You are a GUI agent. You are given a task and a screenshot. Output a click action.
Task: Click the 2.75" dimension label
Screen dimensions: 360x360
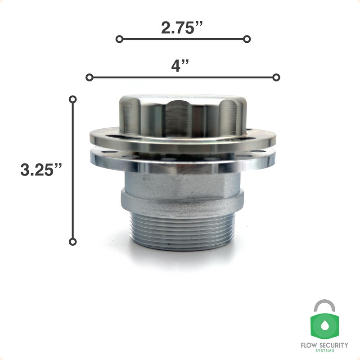click(182, 28)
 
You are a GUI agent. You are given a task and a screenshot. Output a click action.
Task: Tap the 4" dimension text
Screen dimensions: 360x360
click(180, 66)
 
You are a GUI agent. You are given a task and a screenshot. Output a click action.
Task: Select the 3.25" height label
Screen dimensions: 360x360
click(41, 170)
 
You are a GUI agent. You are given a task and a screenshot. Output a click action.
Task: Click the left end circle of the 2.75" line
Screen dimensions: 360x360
click(119, 39)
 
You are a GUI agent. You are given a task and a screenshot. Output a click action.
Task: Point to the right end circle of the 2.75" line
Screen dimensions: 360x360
click(247, 39)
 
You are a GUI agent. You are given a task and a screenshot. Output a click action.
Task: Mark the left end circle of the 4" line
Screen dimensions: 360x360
click(90, 77)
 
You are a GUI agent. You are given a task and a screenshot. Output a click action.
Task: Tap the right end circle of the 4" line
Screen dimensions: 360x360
click(276, 77)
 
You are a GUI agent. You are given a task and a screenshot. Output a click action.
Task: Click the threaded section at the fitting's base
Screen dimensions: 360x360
click(182, 229)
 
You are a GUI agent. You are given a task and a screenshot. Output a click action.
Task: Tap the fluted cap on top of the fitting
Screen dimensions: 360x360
click(182, 112)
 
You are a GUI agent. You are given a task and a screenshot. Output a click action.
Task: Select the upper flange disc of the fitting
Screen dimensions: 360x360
click(182, 140)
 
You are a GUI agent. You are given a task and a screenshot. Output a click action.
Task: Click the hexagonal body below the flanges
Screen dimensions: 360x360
click(182, 182)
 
